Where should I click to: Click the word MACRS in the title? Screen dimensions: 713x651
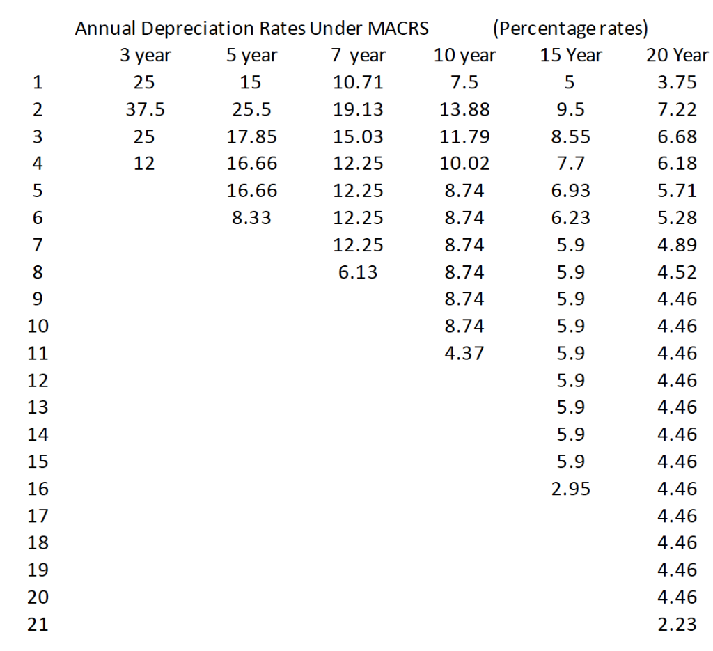[398, 28]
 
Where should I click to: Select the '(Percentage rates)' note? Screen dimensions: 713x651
[571, 29]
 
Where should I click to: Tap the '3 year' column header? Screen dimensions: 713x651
[146, 56]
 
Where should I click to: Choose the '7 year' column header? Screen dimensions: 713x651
[359, 56]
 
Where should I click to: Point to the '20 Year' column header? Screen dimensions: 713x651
[677, 55]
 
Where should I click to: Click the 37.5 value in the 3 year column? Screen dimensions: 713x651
[145, 109]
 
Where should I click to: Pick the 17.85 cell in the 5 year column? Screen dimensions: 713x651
[251, 136]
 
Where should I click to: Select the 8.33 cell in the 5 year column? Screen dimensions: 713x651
[251, 218]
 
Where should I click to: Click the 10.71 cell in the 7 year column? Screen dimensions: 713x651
[358, 82]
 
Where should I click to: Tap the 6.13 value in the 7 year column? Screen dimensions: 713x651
[358, 272]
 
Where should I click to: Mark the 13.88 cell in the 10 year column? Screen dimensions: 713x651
[464, 109]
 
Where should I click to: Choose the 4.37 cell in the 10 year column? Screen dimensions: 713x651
[464, 353]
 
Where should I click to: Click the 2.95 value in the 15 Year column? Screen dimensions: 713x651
[571, 489]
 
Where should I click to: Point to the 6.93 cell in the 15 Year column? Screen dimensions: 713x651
[571, 191]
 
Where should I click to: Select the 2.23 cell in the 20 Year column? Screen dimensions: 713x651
[677, 624]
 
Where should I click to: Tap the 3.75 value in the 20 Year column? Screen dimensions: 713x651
[677, 82]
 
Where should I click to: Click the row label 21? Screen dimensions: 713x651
[38, 624]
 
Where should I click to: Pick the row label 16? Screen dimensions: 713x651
[38, 489]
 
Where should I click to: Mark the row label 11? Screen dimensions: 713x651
[38, 353]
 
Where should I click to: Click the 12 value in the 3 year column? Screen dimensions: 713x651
[144, 164]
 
